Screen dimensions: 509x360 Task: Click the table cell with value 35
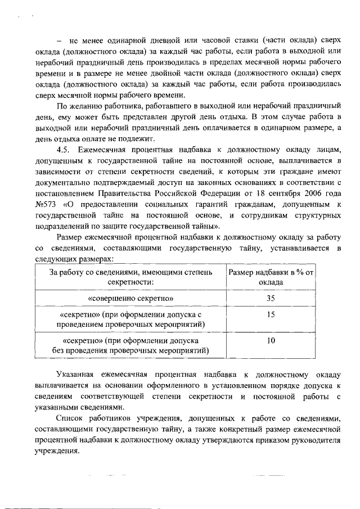(271, 298)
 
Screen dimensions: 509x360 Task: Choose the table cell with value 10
(271, 341)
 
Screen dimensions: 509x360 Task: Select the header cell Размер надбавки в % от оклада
(271, 277)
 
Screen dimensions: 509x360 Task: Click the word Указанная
(76, 373)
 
